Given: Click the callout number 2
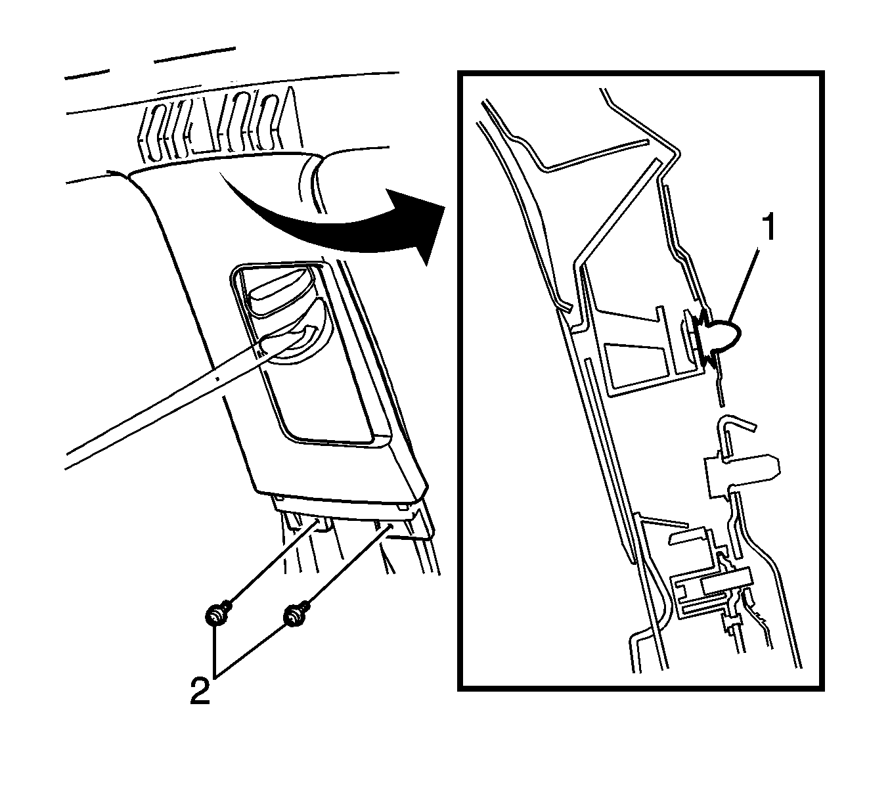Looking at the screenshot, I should coord(200,691).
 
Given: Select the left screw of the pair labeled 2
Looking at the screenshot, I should coord(216,615).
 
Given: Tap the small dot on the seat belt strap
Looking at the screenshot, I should coord(216,379).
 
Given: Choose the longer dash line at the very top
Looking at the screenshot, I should coord(194,55).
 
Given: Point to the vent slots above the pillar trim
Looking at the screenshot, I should coord(217,125).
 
